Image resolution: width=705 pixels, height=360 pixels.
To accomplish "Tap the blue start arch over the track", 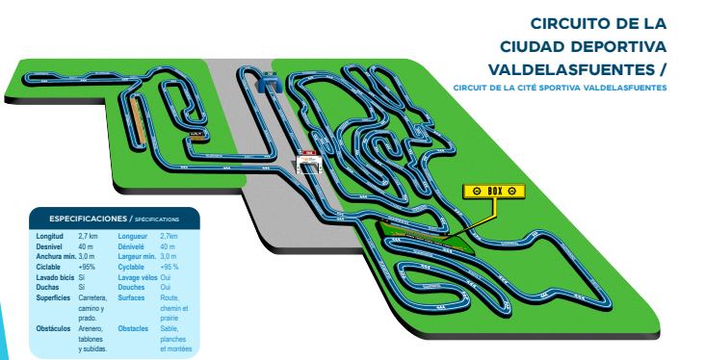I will pyautogui.click(x=267, y=85).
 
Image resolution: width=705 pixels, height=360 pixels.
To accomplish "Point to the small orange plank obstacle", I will pyautogui.click(x=197, y=137).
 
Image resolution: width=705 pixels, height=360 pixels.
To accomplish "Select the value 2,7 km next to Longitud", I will pyautogui.click(x=88, y=236).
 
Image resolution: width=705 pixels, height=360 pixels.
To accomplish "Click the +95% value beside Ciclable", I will pyautogui.click(x=90, y=267).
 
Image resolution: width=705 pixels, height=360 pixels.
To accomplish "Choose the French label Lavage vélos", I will pyautogui.click(x=137, y=277).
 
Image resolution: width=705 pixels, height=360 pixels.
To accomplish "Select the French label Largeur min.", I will pyautogui.click(x=137, y=257).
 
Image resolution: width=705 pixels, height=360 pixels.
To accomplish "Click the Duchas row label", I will pyautogui.click(x=49, y=287).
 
